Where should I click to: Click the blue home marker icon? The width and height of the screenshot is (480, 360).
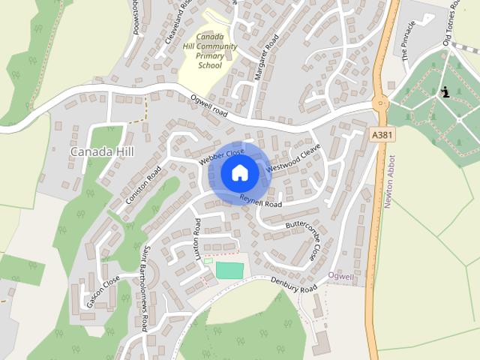point(239,172)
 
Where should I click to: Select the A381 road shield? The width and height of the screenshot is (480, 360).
point(382,133)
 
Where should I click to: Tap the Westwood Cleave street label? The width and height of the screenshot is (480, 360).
point(288,157)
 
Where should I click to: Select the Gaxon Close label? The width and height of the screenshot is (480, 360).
point(103,292)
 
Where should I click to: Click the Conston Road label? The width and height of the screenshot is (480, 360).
point(143,184)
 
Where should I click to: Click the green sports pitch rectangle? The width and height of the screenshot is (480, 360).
point(230,269)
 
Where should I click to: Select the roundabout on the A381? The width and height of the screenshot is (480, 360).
point(380,103)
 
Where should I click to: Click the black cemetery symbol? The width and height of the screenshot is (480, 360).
point(446,93)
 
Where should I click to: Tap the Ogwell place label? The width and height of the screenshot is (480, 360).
point(341,277)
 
